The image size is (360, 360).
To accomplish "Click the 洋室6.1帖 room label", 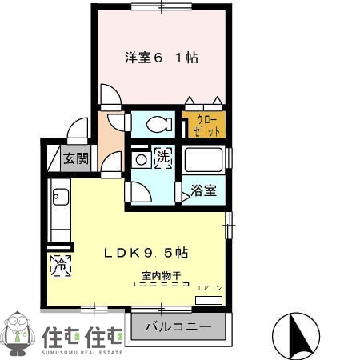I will pyautogui.click(x=161, y=58).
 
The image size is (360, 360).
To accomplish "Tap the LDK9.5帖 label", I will pyautogui.click(x=146, y=252).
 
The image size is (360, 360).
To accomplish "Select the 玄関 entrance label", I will pyautogui.click(x=77, y=158).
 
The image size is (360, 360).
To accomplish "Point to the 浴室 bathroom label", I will pyautogui.click(x=202, y=190).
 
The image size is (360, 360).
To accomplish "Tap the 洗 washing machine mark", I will pyautogui.click(x=162, y=158).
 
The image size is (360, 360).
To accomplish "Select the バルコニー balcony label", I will pyautogui.click(x=178, y=328).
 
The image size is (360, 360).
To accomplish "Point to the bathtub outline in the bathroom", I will pyautogui.click(x=203, y=160).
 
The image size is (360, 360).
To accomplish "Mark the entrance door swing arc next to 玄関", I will pyautogui.click(x=78, y=130).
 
